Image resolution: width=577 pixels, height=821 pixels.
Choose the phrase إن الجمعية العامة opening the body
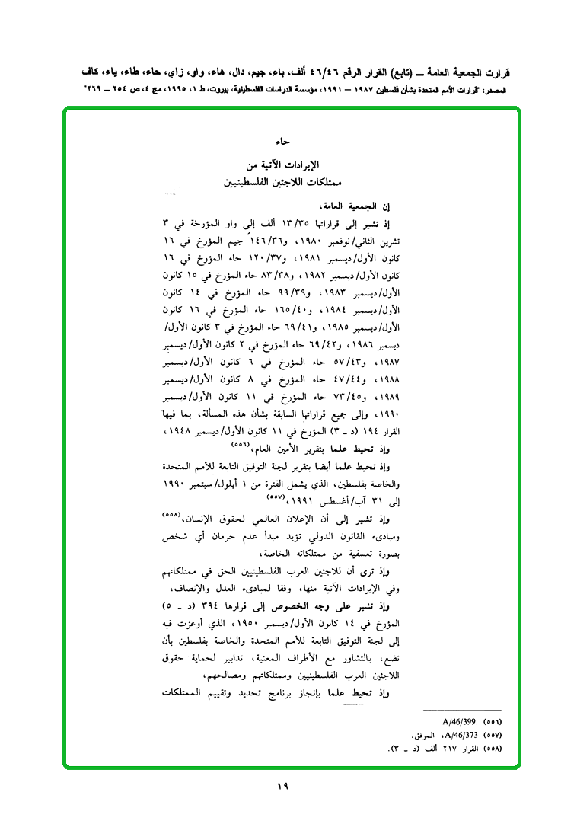(357, 206)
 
